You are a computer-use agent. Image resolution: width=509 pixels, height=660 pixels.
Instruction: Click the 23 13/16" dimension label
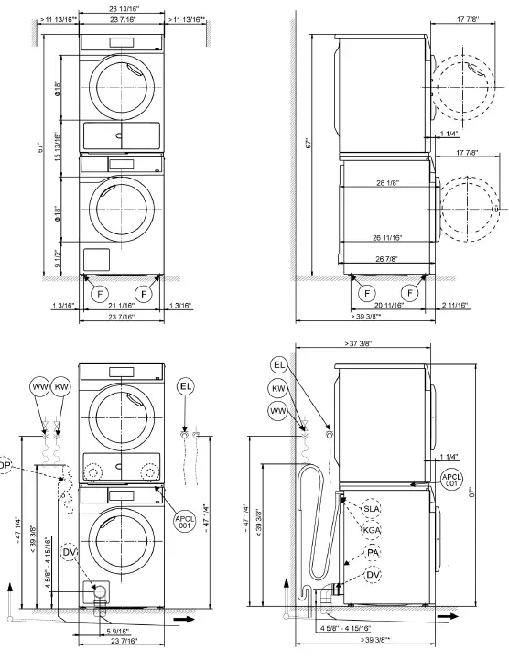click(x=122, y=8)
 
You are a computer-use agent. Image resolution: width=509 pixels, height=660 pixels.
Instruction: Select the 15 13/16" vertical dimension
click(x=58, y=146)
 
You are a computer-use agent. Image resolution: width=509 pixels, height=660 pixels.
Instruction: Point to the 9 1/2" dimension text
click(x=58, y=259)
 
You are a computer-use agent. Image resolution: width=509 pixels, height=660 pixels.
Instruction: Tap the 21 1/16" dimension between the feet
click(x=121, y=305)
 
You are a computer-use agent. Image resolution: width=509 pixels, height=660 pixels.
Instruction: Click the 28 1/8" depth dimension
click(x=387, y=183)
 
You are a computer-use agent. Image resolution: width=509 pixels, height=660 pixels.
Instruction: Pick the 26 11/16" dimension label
click(x=387, y=238)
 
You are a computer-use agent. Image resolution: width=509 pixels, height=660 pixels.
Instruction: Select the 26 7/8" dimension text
click(x=386, y=259)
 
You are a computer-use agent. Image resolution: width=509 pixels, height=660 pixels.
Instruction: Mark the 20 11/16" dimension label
click(x=389, y=305)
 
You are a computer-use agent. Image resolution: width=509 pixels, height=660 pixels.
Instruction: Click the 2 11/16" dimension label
click(x=455, y=305)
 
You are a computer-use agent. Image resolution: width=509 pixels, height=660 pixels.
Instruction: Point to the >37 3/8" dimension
click(x=358, y=343)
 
